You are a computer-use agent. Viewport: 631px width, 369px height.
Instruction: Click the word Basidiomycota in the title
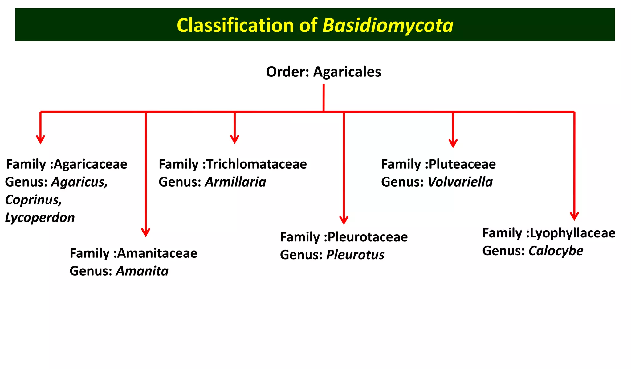(x=388, y=25)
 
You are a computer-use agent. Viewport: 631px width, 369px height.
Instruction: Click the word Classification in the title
(x=234, y=25)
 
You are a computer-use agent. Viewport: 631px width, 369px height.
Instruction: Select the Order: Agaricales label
(x=323, y=72)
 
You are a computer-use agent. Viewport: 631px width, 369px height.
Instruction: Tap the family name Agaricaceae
(x=90, y=164)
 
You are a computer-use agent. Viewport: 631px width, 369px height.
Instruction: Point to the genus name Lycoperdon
(x=40, y=218)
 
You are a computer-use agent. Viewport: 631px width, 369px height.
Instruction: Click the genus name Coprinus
(x=33, y=200)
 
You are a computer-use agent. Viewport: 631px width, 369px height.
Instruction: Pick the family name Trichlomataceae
(x=256, y=164)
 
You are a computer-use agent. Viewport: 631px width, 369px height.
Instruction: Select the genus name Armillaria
(x=235, y=182)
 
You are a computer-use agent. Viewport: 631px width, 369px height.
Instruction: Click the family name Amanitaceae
(x=157, y=253)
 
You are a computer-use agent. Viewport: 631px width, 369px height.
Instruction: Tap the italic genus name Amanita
(x=142, y=271)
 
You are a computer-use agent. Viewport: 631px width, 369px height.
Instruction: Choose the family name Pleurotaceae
(x=367, y=237)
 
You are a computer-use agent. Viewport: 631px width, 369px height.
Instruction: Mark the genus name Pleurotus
(x=355, y=255)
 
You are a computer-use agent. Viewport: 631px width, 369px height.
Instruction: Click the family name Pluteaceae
(x=462, y=164)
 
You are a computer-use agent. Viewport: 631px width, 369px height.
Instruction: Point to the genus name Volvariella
(x=460, y=182)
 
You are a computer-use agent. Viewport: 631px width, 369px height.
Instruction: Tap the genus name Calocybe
(x=556, y=251)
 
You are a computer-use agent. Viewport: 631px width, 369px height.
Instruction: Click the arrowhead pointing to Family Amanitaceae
(x=145, y=233)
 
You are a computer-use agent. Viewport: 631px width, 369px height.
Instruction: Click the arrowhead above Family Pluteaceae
(x=453, y=144)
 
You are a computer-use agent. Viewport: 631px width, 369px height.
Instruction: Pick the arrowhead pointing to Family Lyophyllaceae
(x=574, y=216)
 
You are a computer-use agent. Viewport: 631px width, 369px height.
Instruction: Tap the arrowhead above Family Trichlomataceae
(x=235, y=140)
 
